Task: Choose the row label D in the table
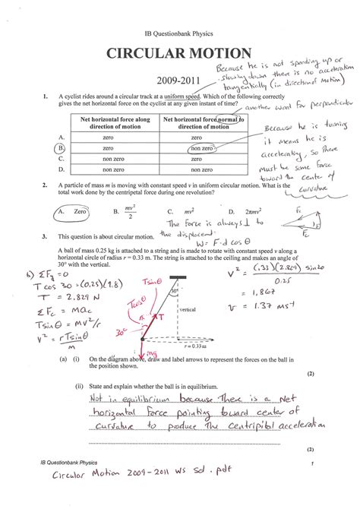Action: point(60,171)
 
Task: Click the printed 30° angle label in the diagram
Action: point(175,291)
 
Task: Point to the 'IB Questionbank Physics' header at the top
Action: point(179,35)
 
